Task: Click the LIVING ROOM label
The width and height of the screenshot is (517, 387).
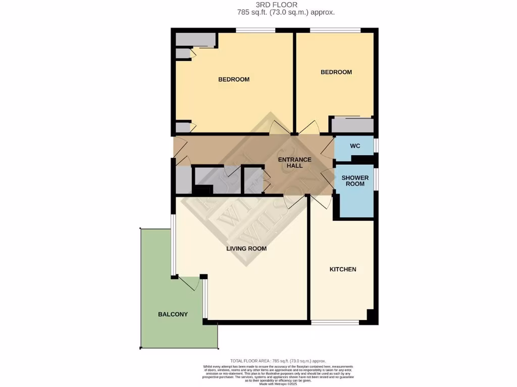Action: coord(246,248)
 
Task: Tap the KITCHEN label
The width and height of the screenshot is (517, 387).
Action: coord(343,269)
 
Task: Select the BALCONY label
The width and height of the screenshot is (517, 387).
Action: coord(173,314)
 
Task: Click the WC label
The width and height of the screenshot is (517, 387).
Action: coord(355,146)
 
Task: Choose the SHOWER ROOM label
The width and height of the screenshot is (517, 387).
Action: coord(355,181)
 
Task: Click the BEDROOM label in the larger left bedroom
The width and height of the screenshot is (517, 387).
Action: coord(234,79)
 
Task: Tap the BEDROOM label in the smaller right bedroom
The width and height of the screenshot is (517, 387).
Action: coord(336,72)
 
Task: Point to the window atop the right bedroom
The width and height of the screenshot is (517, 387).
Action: coord(335,31)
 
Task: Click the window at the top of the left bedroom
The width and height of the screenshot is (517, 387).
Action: coord(255,31)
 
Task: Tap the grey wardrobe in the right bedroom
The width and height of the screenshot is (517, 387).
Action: coord(352,124)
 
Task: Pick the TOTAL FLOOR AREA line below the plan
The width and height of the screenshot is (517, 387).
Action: coord(278,361)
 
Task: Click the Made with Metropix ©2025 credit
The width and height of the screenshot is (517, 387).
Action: coord(278,384)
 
